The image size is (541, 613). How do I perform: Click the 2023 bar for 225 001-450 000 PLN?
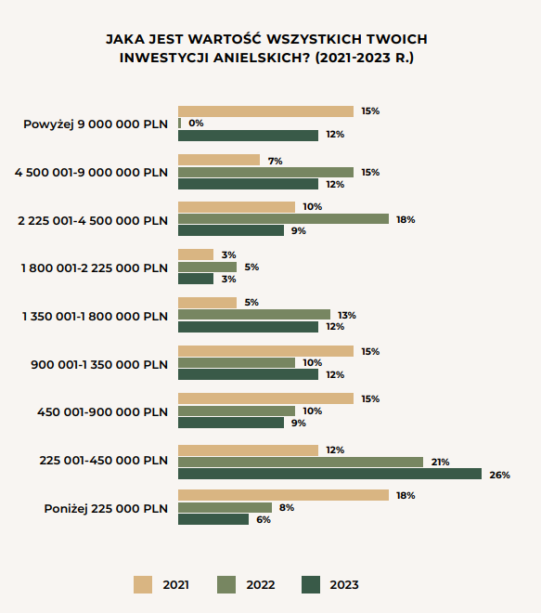click(329, 474)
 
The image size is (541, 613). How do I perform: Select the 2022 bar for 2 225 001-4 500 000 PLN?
click(284, 219)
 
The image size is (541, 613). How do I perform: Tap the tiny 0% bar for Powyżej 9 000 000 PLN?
click(180, 124)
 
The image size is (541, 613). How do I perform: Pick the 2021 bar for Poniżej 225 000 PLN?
click(284, 495)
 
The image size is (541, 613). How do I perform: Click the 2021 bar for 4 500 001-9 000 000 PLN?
click(219, 160)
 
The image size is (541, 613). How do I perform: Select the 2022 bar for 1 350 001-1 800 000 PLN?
click(254, 314)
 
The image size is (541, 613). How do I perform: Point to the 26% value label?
click(499, 475)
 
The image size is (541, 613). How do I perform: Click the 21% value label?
click(440, 463)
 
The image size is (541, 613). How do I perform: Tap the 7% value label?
click(275, 161)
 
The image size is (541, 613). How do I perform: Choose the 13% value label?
click(347, 315)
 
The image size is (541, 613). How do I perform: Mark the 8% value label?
click(287, 507)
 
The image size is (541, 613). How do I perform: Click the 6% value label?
click(264, 519)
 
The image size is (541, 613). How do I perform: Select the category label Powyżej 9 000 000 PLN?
click(96, 124)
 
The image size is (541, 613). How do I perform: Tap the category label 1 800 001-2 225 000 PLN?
click(95, 268)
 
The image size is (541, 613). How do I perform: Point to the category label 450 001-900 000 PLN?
click(102, 412)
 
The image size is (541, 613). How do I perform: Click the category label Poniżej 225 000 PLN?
click(106, 509)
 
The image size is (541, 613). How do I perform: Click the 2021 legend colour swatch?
click(143, 585)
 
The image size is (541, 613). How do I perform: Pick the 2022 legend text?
click(261, 585)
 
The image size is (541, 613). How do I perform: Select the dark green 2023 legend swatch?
click(311, 585)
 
